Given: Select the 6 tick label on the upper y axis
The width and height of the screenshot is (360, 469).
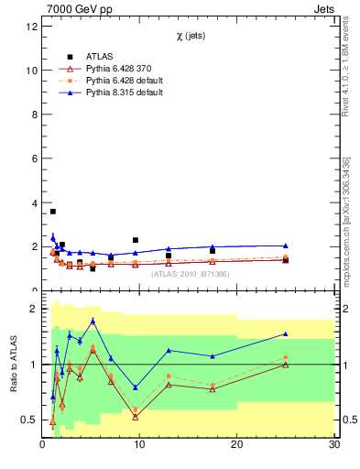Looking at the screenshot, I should pyautogui.click(x=33, y=158).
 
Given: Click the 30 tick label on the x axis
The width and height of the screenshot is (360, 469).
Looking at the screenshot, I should pyautogui.click(x=333, y=444).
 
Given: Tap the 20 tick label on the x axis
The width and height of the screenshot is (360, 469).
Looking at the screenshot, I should pyautogui.click(x=236, y=444).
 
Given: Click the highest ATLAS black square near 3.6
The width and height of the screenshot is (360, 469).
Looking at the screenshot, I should pyautogui.click(x=52, y=212).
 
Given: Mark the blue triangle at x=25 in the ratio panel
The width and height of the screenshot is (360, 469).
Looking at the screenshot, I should pyautogui.click(x=285, y=334).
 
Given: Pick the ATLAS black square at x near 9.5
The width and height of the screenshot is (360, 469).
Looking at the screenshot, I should pyautogui.click(x=136, y=240).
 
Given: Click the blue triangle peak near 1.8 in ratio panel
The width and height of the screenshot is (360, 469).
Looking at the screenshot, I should pyautogui.click(x=93, y=321).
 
